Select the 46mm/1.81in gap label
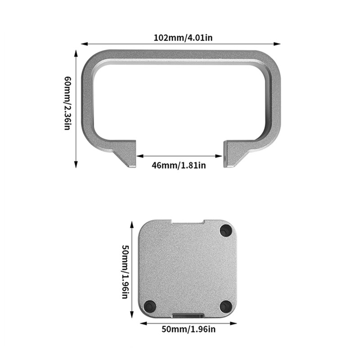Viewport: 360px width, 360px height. (179, 165)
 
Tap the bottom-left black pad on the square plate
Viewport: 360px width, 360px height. (150, 306)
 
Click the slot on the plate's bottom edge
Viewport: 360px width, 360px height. (188, 315)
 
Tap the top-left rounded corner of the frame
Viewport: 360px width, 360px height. (90, 58)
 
